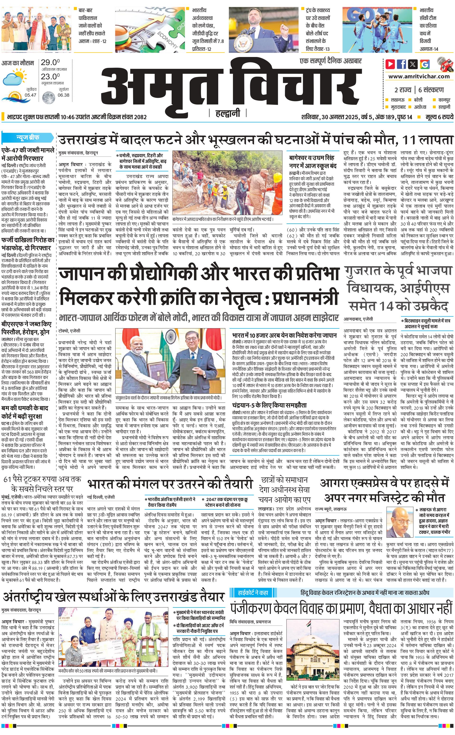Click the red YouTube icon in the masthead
(390, 64)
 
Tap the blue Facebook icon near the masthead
(402, 64)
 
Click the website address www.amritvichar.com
(419, 76)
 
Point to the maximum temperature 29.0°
(50, 62)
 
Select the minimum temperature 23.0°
(50, 77)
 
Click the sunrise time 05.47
(30, 95)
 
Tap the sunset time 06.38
(63, 95)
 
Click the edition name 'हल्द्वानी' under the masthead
(227, 113)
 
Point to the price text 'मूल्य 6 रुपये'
(439, 117)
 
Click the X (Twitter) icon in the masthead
(413, 64)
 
